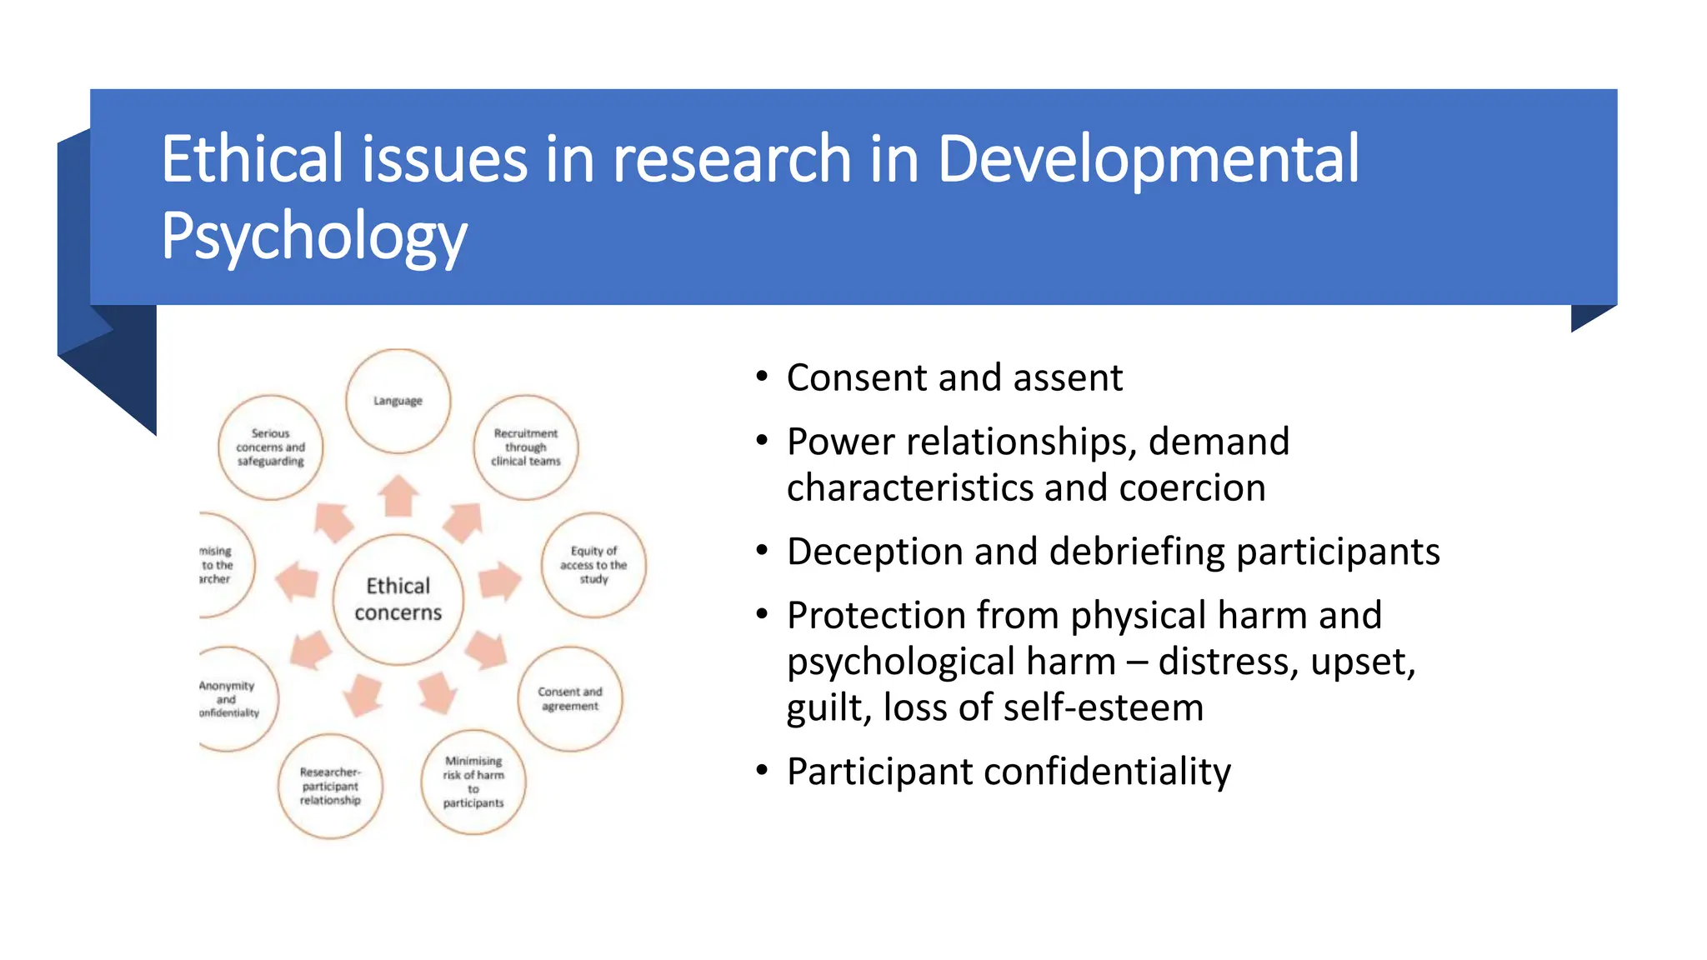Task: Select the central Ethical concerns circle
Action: pyautogui.click(x=398, y=599)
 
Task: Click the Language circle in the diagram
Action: pyautogui.click(x=398, y=401)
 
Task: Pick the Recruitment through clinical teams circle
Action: pyautogui.click(x=525, y=447)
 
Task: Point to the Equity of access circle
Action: pyautogui.click(x=593, y=565)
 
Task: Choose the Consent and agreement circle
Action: pyautogui.click(x=570, y=698)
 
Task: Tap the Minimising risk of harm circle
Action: pyautogui.click(x=473, y=782)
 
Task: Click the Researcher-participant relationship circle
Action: pyautogui.click(x=330, y=786)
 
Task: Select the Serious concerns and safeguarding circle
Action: pyautogui.click(x=270, y=447)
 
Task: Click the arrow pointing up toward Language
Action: pyautogui.click(x=398, y=496)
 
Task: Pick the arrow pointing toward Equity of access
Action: pyautogui.click(x=499, y=581)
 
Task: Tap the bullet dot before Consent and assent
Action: pyautogui.click(x=762, y=377)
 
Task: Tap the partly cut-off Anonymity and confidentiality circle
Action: pyautogui.click(x=233, y=698)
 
